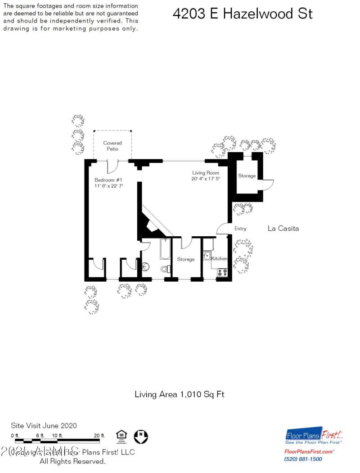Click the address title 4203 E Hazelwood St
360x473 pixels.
coord(242,14)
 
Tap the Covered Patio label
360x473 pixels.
coord(112,146)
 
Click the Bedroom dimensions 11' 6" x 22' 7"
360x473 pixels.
coord(109,186)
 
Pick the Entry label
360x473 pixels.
coord(240,229)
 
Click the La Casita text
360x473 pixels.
coord(283,229)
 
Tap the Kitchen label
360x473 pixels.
coord(219,259)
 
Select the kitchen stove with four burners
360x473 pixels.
coord(222,272)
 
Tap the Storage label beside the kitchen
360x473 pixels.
coord(185,259)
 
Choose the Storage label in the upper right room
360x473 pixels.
coord(247,176)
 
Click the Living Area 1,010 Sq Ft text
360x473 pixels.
coord(180,395)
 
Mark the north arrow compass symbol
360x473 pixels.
coord(141,436)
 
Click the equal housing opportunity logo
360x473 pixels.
coord(121,436)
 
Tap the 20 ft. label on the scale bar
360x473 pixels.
coord(99,436)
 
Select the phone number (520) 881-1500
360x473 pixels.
coord(303,459)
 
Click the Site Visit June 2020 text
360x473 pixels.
coord(44,425)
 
